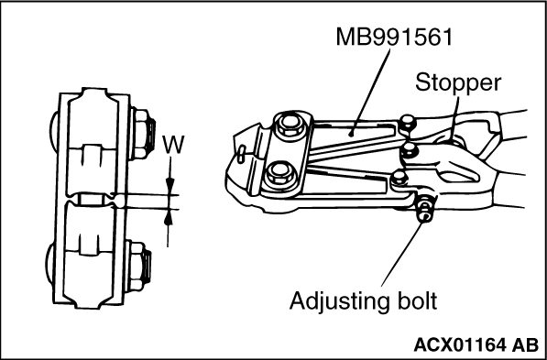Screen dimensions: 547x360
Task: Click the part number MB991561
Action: click(x=394, y=37)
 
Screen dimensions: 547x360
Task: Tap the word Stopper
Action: click(x=458, y=83)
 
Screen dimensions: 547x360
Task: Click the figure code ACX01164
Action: click(x=459, y=345)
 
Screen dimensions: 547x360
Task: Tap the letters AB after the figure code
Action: click(x=525, y=345)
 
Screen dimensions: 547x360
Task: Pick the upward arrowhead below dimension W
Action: click(x=169, y=217)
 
